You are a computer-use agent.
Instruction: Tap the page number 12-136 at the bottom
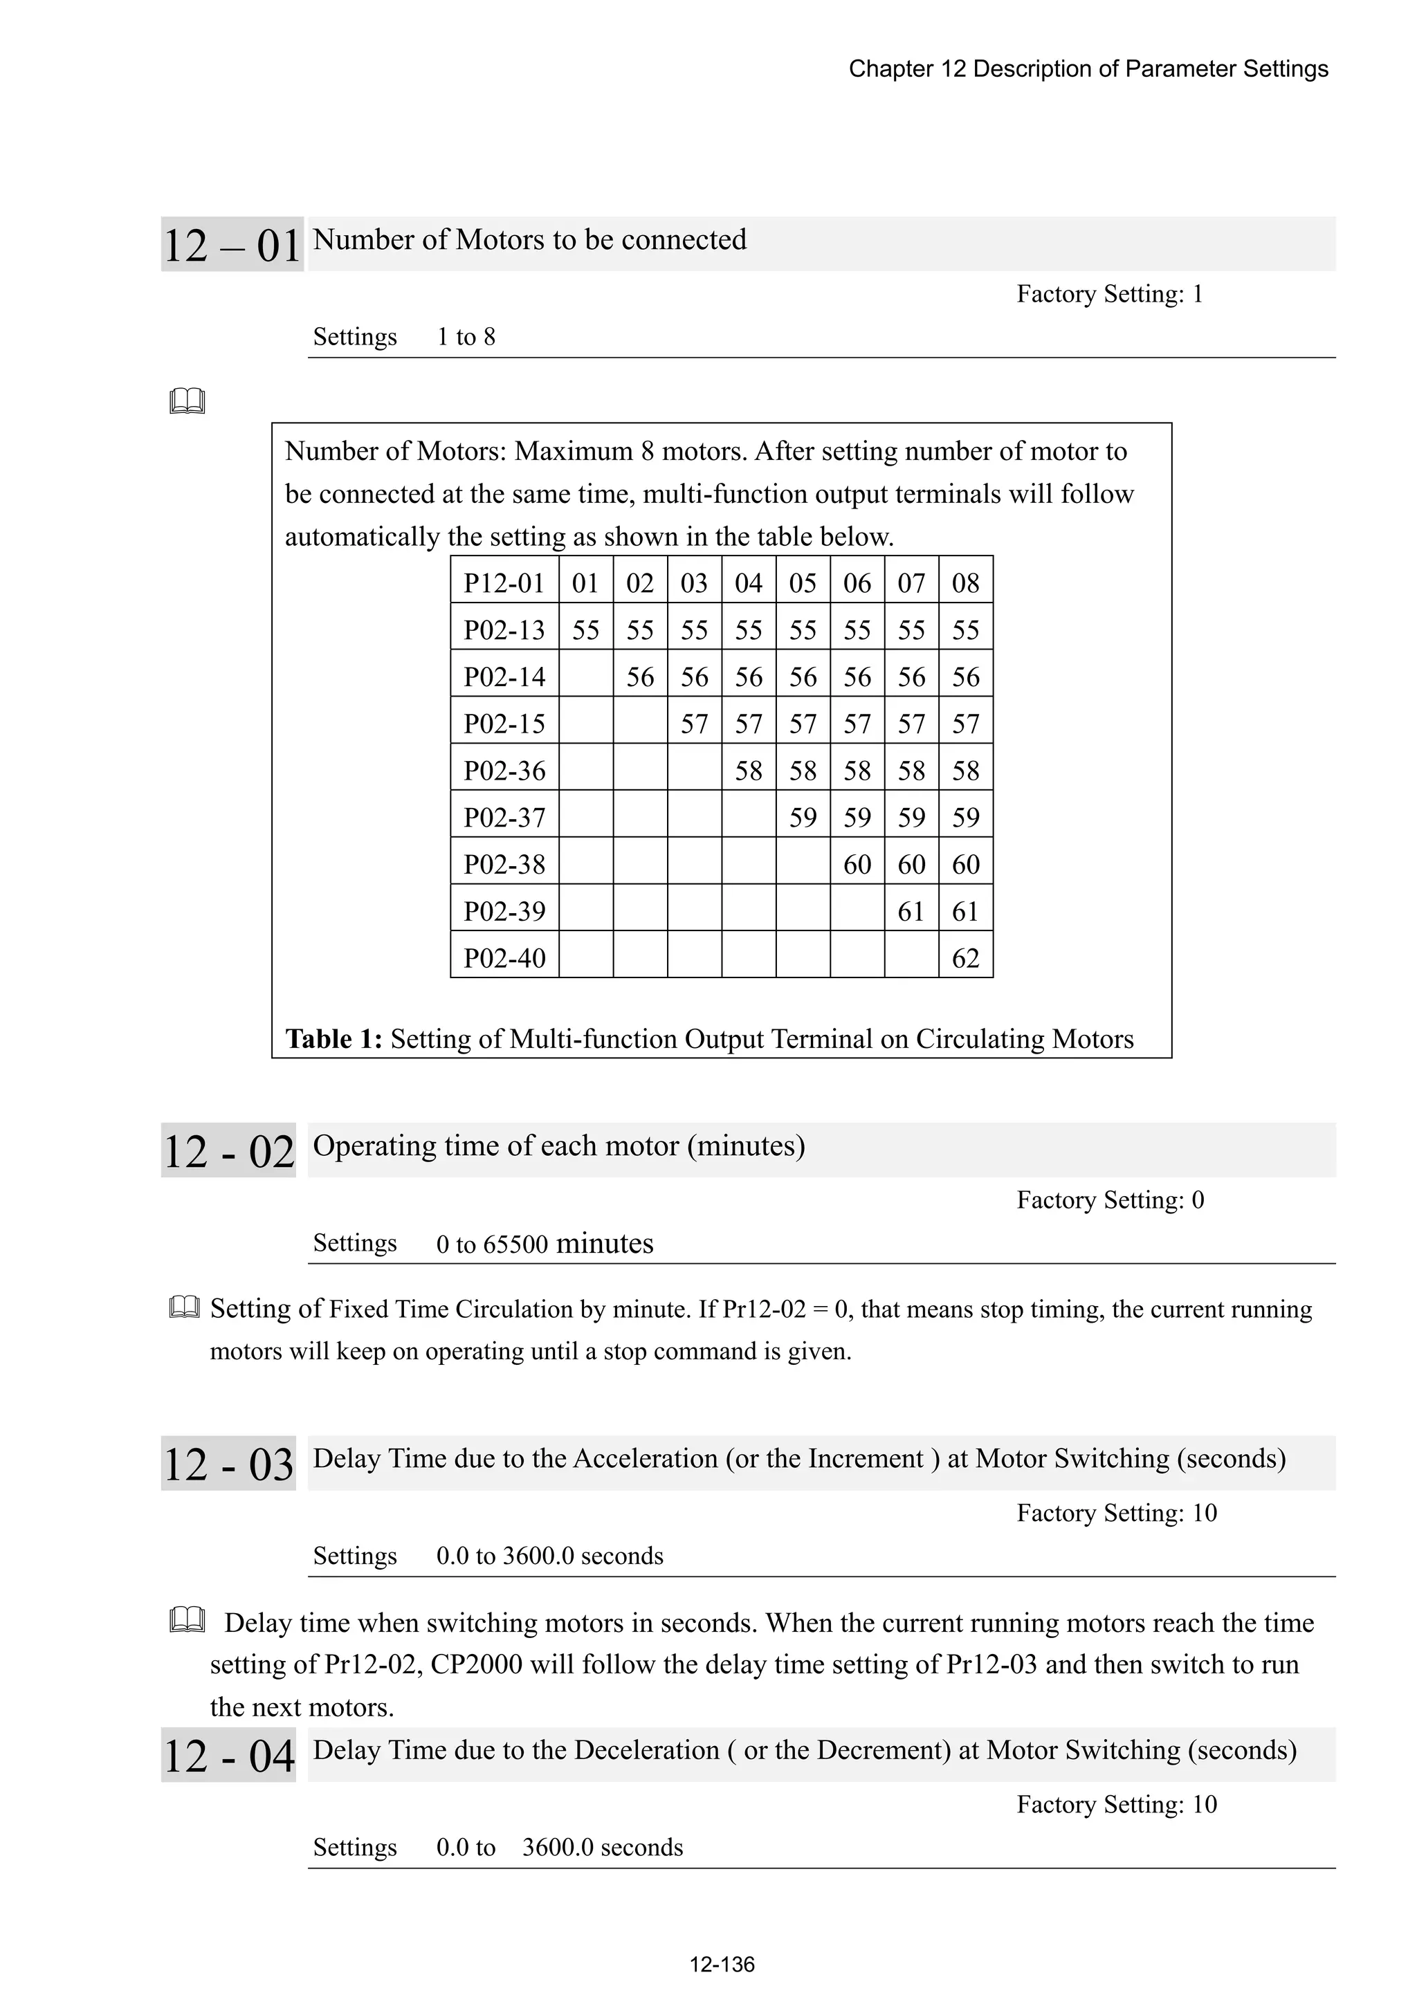721,1964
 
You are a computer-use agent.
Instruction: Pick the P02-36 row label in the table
504,771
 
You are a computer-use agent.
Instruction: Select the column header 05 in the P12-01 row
803,583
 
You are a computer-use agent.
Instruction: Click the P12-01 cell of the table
504,583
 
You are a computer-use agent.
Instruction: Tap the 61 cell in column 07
911,911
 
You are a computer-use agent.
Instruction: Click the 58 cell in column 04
748,771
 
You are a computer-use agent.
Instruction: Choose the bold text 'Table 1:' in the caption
333,1038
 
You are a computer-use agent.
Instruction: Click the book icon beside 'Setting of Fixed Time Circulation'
184,1307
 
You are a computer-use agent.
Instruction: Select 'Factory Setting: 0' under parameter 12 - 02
1110,1200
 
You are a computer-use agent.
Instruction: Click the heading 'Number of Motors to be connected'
529,240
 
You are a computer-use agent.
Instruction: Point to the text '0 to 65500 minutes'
544,1244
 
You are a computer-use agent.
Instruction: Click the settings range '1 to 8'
466,337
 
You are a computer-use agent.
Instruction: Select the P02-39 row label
504,911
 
